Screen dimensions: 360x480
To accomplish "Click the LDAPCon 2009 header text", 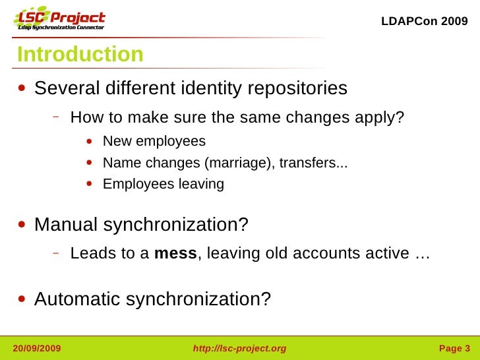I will coord(425,21).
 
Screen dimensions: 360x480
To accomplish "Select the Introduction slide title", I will coord(80,55).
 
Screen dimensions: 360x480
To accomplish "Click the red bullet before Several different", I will coord(23,89).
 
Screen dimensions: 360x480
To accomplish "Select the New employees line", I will coord(154,142).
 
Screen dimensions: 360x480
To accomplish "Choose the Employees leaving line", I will coord(164,185).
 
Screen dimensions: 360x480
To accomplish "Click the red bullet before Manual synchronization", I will coord(23,225).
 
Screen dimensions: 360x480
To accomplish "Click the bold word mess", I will coord(175,254).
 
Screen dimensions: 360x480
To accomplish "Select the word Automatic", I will coord(77,299).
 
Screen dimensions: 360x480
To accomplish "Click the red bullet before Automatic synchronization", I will coord(23,300).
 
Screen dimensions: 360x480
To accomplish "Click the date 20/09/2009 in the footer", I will coord(37,348).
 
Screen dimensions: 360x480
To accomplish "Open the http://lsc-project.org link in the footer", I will coord(239,348).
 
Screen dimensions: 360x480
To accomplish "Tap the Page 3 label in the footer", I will coord(454,348).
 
